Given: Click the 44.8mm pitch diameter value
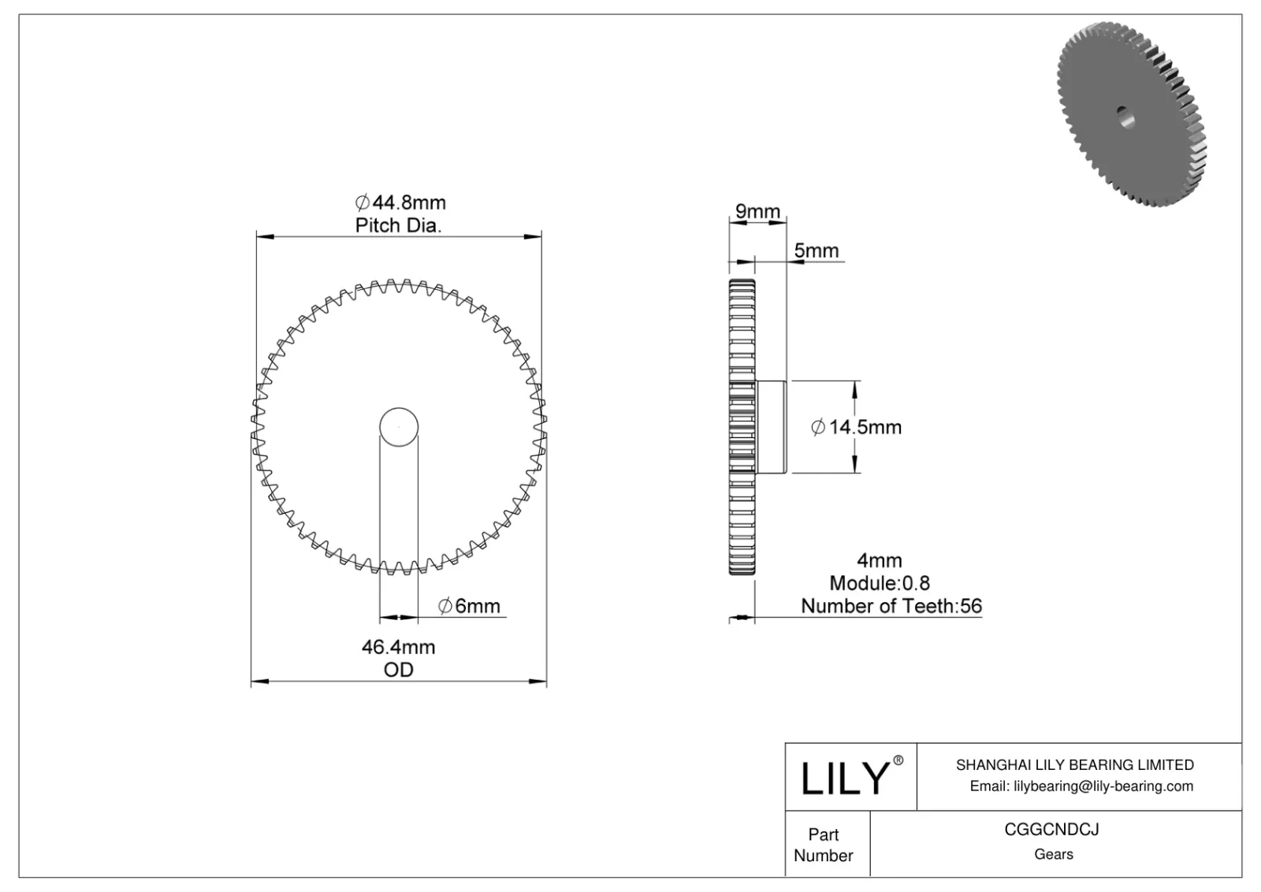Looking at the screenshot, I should click(403, 203).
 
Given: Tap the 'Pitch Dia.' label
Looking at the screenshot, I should click(398, 225).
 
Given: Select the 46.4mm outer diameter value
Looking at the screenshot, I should click(398, 647).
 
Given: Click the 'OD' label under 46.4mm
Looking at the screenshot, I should click(398, 670).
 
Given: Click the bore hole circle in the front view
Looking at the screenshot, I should click(399, 427).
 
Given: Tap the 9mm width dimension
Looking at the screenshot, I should click(757, 211).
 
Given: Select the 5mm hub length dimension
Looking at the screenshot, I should click(816, 251).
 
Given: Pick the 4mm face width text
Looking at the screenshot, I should click(880, 560).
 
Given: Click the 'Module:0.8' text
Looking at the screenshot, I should click(880, 583).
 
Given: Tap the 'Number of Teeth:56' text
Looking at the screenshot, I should click(891, 606).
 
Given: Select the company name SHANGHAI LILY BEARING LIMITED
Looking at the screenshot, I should click(1074, 764).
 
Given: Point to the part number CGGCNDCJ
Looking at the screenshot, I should click(1051, 830).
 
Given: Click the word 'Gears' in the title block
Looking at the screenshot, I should click(1054, 854).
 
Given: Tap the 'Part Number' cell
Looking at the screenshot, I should click(824, 845).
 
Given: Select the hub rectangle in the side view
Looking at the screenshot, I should click(771, 427).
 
